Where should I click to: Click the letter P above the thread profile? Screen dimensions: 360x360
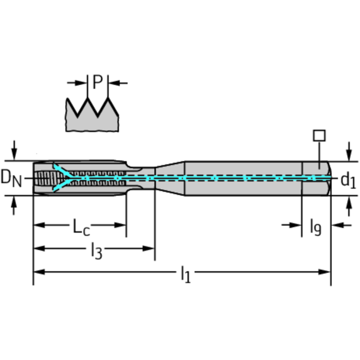pos(98,82)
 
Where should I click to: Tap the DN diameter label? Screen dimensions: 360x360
pos(11,178)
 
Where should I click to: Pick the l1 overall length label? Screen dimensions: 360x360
pos(186,274)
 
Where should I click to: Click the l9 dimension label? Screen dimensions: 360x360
pos(316,227)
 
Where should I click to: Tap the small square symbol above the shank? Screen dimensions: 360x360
pos(319,136)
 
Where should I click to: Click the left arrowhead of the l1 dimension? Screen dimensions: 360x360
pos(39,272)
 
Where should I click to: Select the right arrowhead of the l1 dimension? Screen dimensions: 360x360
pos(325,272)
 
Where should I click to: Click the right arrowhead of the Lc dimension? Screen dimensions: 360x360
pos(120,225)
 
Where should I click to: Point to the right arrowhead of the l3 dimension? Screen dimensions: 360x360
pos(149,248)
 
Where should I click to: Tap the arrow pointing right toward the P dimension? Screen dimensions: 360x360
pos(77,83)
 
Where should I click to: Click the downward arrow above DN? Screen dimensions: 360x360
pos(14,150)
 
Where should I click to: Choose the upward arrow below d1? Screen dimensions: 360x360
pos(349,206)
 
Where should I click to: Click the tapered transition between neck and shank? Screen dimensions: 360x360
pos(170,178)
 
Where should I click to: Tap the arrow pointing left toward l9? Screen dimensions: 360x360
pos(341,225)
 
